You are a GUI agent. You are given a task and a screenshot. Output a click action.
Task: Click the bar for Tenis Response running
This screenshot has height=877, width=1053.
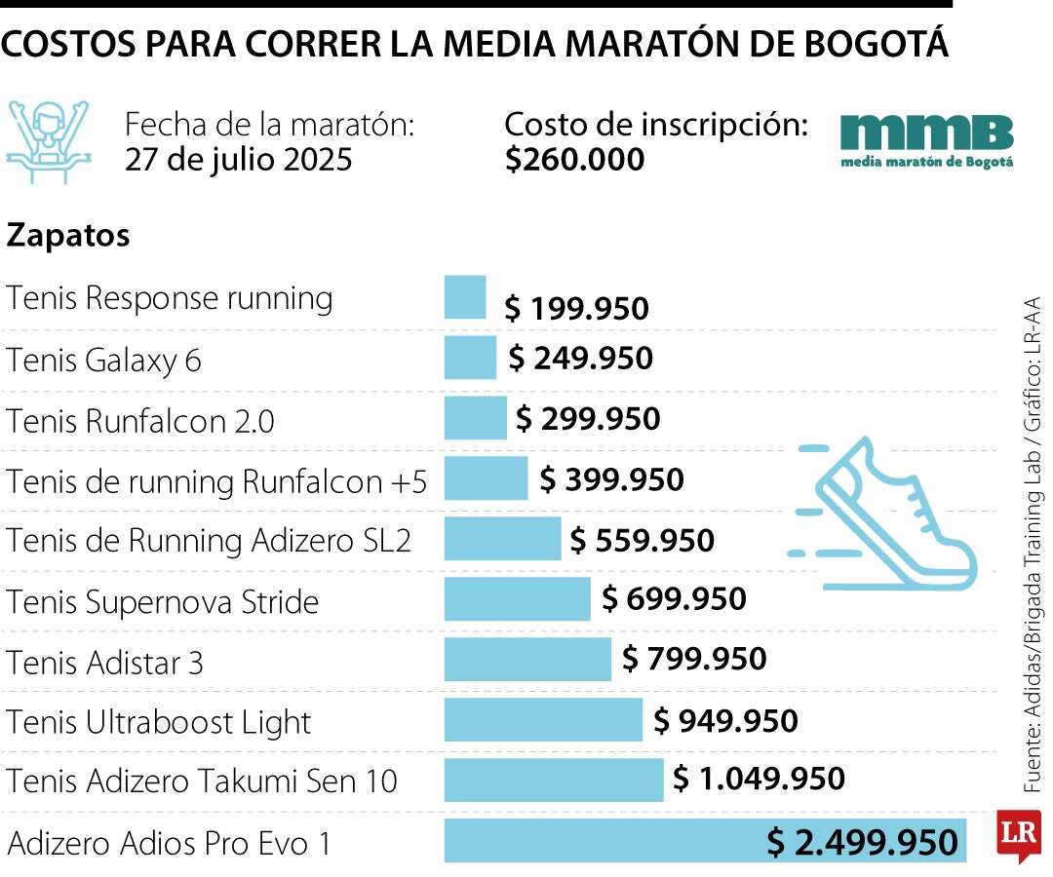(465, 297)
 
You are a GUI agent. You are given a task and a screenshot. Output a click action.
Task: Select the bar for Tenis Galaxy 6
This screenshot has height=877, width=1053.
(470, 358)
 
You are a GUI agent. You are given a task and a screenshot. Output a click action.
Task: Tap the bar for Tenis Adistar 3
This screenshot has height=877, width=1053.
(527, 660)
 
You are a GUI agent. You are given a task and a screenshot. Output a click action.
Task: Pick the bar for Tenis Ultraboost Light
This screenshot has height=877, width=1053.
(543, 720)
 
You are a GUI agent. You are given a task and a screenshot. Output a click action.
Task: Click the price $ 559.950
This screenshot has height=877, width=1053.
(643, 540)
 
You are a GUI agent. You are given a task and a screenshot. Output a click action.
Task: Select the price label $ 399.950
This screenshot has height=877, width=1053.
(611, 479)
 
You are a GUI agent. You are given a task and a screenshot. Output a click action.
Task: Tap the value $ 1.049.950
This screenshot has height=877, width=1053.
(759, 779)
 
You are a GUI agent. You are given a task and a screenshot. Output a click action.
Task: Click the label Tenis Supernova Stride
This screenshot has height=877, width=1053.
(163, 601)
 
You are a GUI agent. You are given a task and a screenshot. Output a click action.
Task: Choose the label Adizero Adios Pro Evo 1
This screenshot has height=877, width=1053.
(169, 842)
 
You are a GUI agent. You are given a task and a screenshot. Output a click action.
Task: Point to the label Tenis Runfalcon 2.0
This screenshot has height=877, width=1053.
(140, 421)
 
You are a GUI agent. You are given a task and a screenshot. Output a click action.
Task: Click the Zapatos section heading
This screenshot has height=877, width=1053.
(68, 236)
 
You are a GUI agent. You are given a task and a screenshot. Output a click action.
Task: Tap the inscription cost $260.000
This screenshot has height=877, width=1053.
(574, 159)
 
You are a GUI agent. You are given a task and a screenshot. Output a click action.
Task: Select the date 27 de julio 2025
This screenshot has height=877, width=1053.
(238, 159)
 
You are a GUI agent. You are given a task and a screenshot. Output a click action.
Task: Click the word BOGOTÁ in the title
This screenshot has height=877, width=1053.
(872, 45)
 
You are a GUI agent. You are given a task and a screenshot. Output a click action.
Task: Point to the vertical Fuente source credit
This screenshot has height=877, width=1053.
(1033, 546)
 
